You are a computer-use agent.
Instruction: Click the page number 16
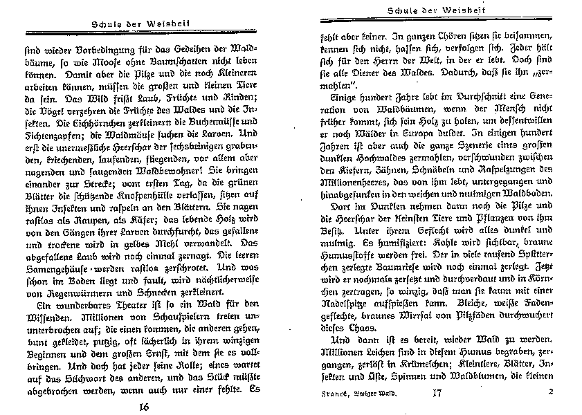coord(144,405)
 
